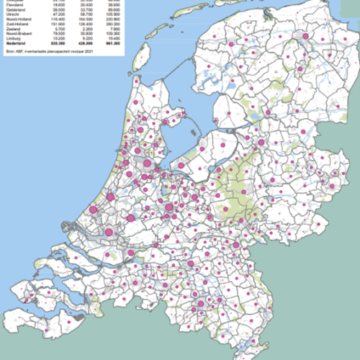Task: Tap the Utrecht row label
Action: (x=10, y=14)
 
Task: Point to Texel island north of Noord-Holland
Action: (x=144, y=54)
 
